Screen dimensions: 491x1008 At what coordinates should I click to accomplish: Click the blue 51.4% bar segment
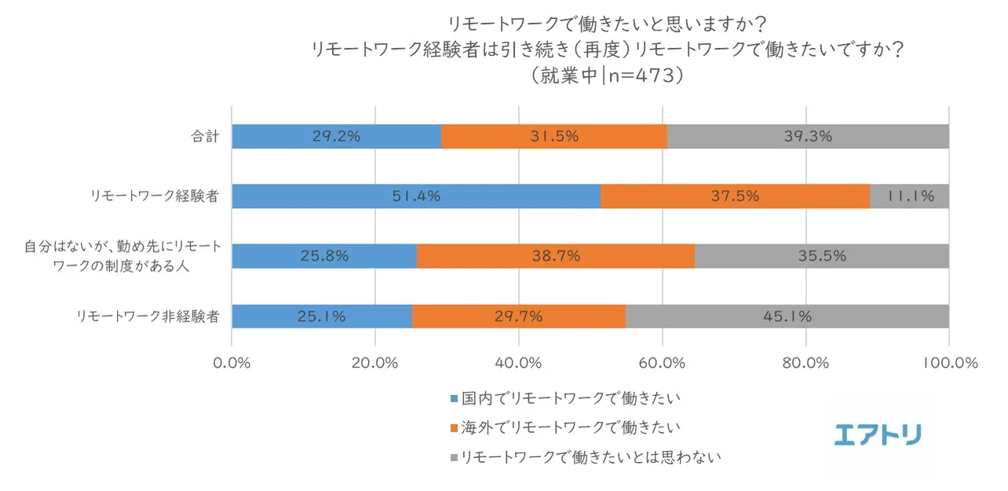coord(416,196)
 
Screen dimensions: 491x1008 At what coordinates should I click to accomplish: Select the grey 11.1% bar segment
coord(909,196)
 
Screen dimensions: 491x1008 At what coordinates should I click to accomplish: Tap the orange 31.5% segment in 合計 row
coord(553,136)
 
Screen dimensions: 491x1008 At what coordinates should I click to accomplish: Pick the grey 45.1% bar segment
coord(787,317)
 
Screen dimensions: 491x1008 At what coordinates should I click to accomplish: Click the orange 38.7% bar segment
coord(555,256)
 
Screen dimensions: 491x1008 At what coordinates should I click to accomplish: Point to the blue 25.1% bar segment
coord(322,317)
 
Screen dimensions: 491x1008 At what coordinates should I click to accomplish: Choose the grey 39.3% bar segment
coord(808,136)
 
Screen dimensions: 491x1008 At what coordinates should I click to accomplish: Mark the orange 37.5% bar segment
coord(735,196)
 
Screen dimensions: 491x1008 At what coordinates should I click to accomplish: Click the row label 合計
coord(205,137)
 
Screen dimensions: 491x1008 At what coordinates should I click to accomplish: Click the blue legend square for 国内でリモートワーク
coord(453,399)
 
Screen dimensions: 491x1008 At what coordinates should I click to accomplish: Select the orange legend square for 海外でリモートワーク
coord(453,428)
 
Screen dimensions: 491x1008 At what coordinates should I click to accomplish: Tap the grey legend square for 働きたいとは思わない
coord(453,457)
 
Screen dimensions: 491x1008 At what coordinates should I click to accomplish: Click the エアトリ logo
coord(878,434)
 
